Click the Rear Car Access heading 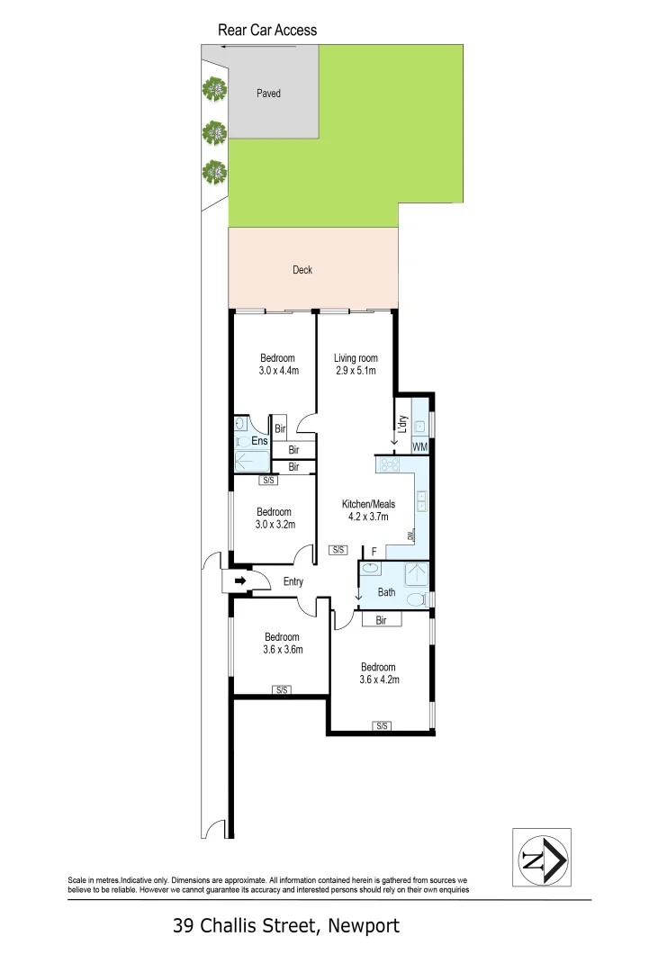coord(267,30)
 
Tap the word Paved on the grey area coord(268,93)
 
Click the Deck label coord(302,269)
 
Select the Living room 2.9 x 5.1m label coord(356,364)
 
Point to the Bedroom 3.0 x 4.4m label coord(277,364)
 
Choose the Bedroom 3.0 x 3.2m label coord(274,518)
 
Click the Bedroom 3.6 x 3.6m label coord(282,643)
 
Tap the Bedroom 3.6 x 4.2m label coord(378,673)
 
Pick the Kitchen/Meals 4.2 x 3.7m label coord(368,510)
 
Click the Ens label coord(259,441)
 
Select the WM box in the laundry coord(419,447)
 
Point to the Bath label coord(387,592)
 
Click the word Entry coord(293,581)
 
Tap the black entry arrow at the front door coord(240,581)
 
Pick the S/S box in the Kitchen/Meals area coord(338,549)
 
